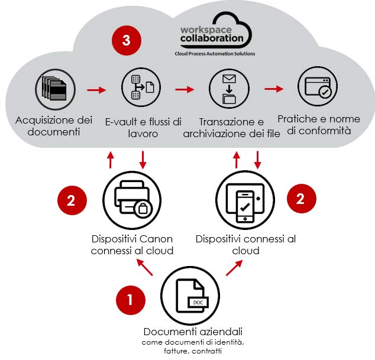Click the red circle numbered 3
coord(125,40)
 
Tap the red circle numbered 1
coord(130,300)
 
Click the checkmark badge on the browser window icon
coord(324,93)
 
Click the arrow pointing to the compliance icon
coord(273,89)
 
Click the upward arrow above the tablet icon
coord(237,158)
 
